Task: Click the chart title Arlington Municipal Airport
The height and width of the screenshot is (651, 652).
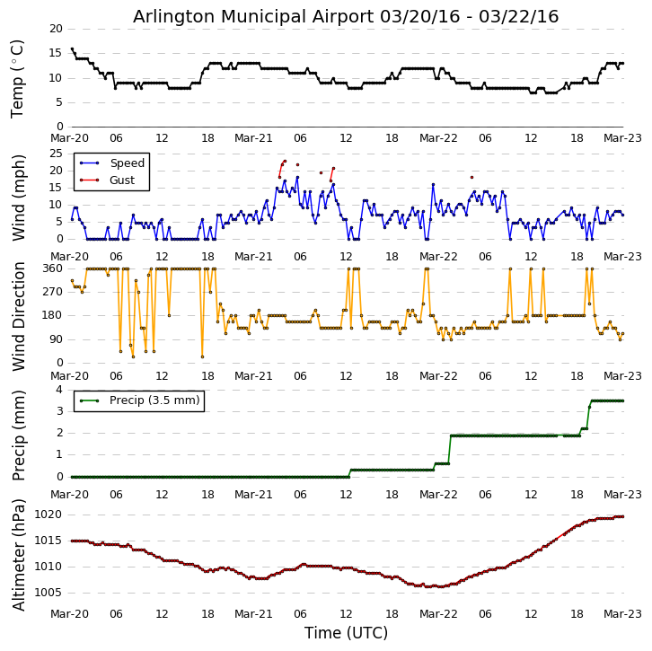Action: coord(346,16)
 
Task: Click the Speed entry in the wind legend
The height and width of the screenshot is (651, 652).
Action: coord(127,163)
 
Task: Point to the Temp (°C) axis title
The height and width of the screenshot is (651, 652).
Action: coord(18,78)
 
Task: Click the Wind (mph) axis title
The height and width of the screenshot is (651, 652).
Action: coord(18,197)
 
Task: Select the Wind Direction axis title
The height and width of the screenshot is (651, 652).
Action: coord(18,316)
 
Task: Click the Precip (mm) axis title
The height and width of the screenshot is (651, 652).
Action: coord(18,434)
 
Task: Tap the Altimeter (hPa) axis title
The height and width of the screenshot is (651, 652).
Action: coord(18,554)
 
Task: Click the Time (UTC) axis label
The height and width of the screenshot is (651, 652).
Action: coord(346,633)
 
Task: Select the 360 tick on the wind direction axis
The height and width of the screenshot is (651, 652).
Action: coord(52,268)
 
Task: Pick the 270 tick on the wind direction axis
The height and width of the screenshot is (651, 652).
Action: coord(52,292)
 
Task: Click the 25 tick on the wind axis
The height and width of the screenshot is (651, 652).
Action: coord(56,154)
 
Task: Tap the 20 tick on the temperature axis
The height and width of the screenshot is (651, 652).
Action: coord(56,29)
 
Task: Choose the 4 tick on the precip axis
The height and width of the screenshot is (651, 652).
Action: coord(59,389)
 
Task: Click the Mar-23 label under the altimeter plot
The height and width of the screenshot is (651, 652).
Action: coord(623,614)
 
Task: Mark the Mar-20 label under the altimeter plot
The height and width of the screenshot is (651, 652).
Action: coord(70,614)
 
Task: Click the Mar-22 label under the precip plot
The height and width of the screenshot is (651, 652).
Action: coord(439,495)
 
